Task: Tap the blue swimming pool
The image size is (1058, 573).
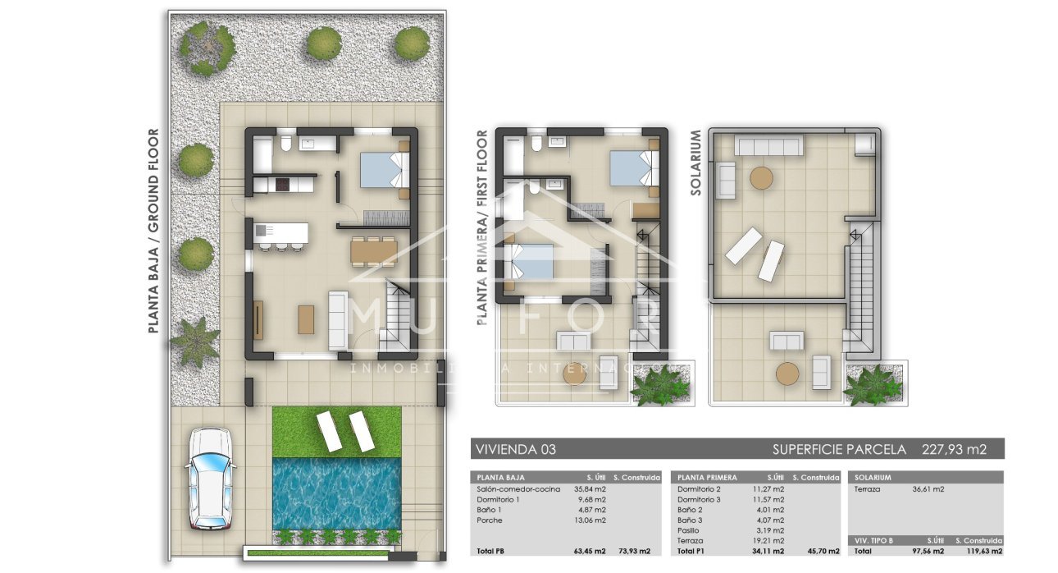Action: pos(336,493)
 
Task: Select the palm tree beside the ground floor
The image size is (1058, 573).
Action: pos(195,342)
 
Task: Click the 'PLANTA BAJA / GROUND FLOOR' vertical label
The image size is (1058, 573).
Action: pos(153,231)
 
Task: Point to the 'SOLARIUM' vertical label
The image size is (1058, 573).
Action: pos(696,162)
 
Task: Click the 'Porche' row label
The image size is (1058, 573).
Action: pos(490,520)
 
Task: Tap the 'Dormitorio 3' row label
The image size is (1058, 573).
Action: pos(699,499)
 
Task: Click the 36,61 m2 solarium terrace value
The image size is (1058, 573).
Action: pos(928,489)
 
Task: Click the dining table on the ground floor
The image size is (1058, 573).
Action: pos(374,250)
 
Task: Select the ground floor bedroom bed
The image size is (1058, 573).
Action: pos(383,171)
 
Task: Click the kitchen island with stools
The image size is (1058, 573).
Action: pos(281,234)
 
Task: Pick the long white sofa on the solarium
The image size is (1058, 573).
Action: pos(768,146)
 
